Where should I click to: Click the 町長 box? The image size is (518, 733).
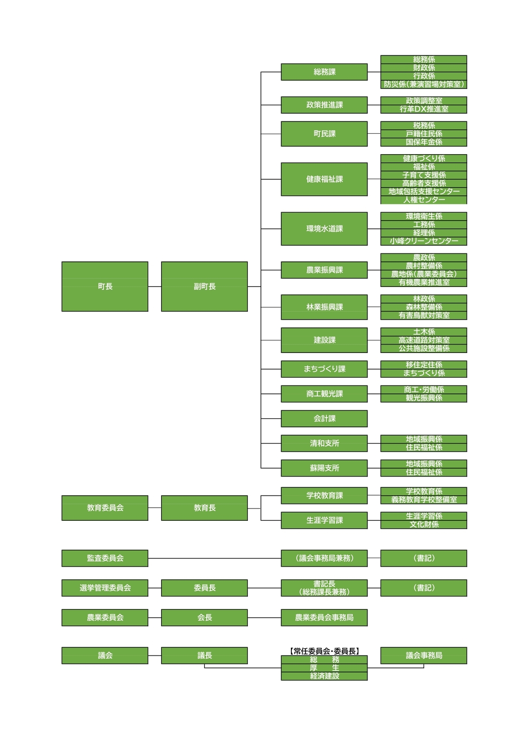click(104, 286)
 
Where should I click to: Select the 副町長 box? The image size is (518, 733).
click(205, 286)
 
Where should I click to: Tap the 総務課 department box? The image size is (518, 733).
click(324, 72)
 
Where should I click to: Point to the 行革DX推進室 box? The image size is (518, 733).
click(424, 109)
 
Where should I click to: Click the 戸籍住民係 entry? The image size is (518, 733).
click(424, 134)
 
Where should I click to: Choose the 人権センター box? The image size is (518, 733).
click(424, 200)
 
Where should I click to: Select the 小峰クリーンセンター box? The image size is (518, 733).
click(424, 241)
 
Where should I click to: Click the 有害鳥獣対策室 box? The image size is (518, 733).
click(424, 315)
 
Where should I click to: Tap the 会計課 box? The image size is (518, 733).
click(324, 419)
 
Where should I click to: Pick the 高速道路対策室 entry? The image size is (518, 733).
click(424, 340)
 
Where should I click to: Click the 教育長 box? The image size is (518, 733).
click(205, 508)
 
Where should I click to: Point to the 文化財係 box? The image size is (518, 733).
click(424, 524)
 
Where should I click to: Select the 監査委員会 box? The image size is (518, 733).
click(104, 558)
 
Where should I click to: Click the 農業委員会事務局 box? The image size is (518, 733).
click(324, 617)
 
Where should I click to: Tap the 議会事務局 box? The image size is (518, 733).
click(424, 655)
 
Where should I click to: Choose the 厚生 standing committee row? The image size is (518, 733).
click(324, 668)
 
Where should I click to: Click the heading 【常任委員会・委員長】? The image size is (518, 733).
click(324, 651)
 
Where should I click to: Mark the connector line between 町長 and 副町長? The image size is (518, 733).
click(155, 287)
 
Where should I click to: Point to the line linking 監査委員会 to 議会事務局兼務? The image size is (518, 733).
click(215, 558)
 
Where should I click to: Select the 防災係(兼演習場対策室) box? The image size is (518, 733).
click(424, 85)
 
